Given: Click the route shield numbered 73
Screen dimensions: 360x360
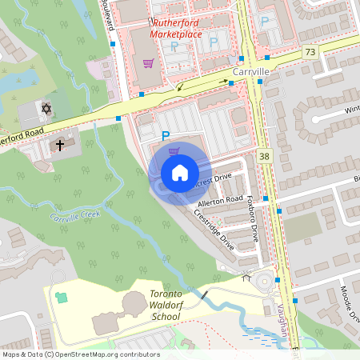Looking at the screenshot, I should point(310,52).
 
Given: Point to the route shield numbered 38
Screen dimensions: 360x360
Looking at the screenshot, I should point(265,156).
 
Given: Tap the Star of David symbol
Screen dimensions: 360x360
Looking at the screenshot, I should point(46,108).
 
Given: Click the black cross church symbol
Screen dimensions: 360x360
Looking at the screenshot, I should point(60,145).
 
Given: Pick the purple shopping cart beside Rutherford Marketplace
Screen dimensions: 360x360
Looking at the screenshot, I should point(147,62).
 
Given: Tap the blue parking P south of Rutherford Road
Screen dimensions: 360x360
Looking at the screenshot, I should point(166,136).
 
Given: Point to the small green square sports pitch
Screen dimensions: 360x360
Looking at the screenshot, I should point(62,297).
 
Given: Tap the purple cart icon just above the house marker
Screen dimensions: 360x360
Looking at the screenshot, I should point(174,150).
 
